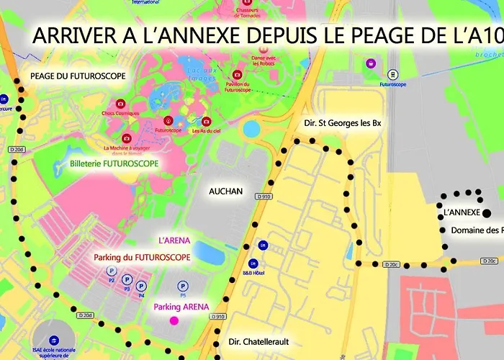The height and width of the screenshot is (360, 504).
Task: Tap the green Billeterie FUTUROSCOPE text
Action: pyautogui.click(x=114, y=163)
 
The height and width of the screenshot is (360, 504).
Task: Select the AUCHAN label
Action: pyautogui.click(x=225, y=192)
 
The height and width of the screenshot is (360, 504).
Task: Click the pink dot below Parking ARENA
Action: pyautogui.click(x=174, y=320)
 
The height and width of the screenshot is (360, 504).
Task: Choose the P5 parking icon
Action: pyautogui.click(x=182, y=286)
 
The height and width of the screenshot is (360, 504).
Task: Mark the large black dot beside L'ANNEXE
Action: pyautogui.click(x=487, y=212)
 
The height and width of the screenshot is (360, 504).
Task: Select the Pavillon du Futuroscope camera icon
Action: pyautogui.click(x=238, y=75)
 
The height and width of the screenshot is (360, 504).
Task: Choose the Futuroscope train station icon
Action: pyautogui.click(x=392, y=73)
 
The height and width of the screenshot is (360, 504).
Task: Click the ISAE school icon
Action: pyautogui.click(x=54, y=340)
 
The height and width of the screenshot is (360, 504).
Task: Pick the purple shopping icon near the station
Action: pyautogui.click(x=371, y=63)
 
